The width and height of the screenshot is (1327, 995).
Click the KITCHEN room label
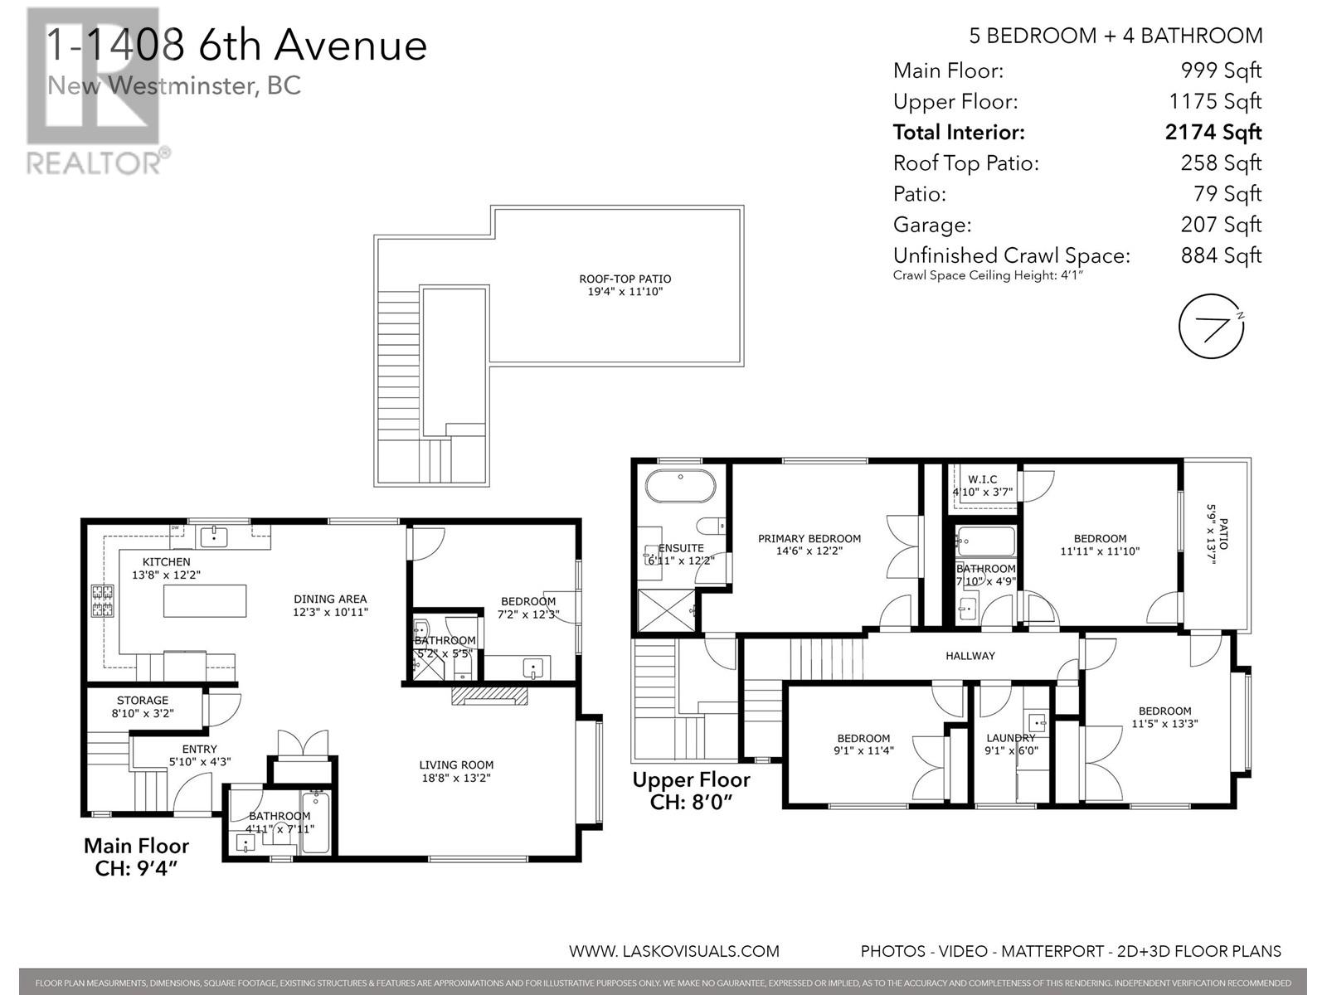coord(166,562)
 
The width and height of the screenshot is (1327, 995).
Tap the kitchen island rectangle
coord(205,601)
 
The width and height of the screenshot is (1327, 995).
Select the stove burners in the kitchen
coord(102,601)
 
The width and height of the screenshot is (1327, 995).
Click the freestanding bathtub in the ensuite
coord(680,488)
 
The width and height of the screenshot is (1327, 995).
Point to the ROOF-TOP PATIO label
coord(625,279)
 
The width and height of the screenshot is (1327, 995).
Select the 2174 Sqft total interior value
coord(1213,133)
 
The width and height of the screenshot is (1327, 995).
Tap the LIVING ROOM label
coord(456,765)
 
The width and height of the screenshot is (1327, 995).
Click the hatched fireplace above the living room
coord(490,695)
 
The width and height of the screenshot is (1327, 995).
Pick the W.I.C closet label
coord(982,479)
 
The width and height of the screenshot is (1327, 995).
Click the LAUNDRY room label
coord(1010,738)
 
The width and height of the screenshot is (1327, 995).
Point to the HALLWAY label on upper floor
coord(970,656)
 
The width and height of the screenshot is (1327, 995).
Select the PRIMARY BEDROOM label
coord(809,539)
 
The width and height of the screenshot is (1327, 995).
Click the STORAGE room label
coord(143,701)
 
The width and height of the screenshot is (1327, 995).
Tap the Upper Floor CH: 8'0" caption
coord(691,790)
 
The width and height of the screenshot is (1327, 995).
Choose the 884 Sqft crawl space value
coord(1221,255)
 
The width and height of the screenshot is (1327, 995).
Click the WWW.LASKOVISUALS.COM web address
coord(673,951)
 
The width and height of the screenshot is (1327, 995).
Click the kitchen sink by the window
coord(215,536)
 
